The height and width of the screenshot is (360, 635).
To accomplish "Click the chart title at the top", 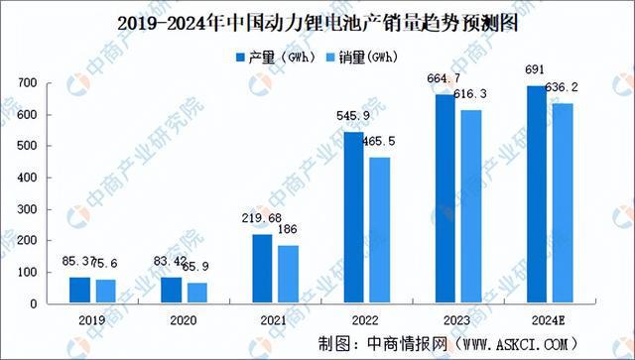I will click(317, 19).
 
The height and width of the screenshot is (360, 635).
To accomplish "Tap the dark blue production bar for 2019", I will click(80, 290).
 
